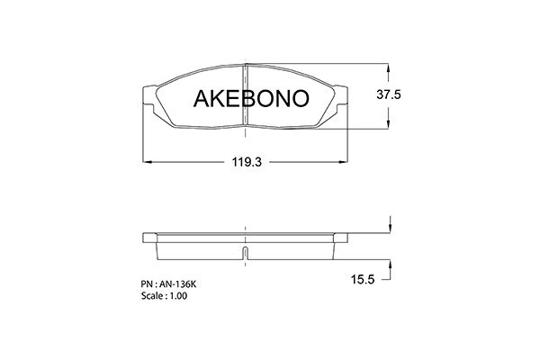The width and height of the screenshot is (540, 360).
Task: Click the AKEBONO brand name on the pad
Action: point(251,98)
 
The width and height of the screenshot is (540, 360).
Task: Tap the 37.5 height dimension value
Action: point(389,94)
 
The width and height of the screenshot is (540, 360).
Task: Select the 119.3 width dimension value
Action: point(247,162)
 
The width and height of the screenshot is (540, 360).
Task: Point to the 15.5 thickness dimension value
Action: point(363,279)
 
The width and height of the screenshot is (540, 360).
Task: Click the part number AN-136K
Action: point(179,284)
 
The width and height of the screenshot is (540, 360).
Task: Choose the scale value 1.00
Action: point(178,296)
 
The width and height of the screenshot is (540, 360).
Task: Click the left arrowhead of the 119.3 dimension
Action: point(148,162)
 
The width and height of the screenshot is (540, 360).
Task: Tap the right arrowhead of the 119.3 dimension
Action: point(344,162)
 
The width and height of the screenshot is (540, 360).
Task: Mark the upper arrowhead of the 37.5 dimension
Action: point(389,67)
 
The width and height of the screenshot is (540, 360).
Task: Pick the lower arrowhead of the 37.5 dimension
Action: point(389,124)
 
